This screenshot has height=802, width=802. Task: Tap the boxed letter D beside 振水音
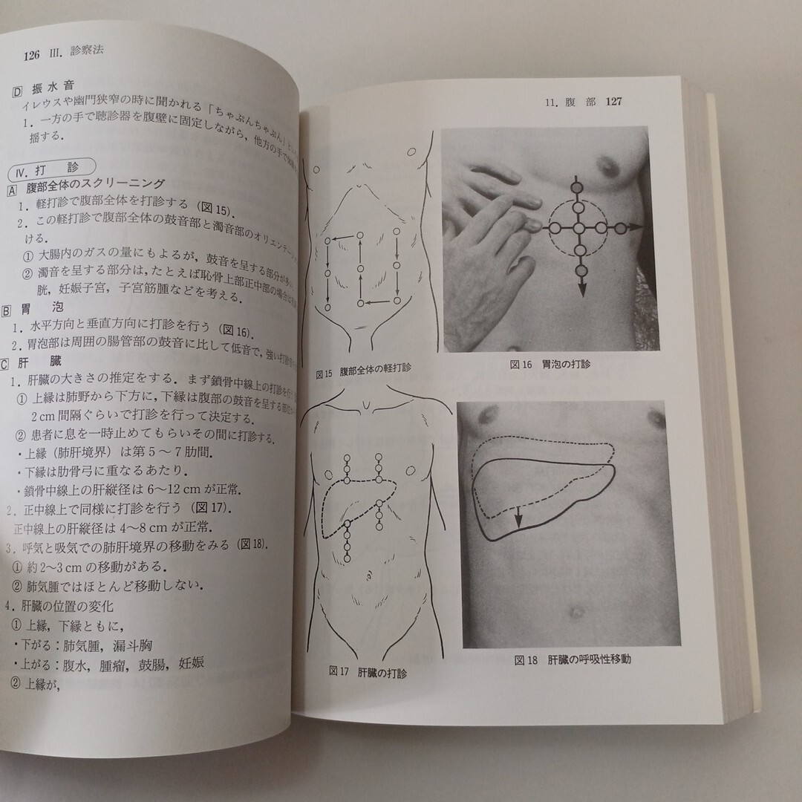click(x=19, y=93)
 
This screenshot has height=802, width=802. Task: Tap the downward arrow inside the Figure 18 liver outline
click(x=519, y=522)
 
